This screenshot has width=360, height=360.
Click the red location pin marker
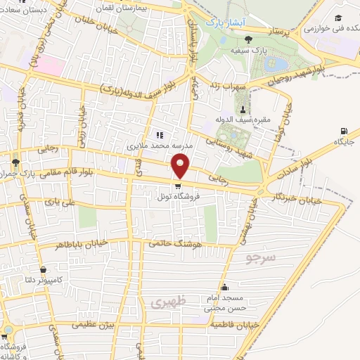(181, 166)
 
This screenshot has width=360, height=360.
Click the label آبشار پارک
(223, 22)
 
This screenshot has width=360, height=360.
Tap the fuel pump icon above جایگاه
(343, 131)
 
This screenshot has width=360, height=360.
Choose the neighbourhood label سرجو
(261, 258)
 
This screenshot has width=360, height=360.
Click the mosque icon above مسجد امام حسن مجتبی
(224, 287)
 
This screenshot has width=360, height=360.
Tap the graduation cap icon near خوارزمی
(338, 18)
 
